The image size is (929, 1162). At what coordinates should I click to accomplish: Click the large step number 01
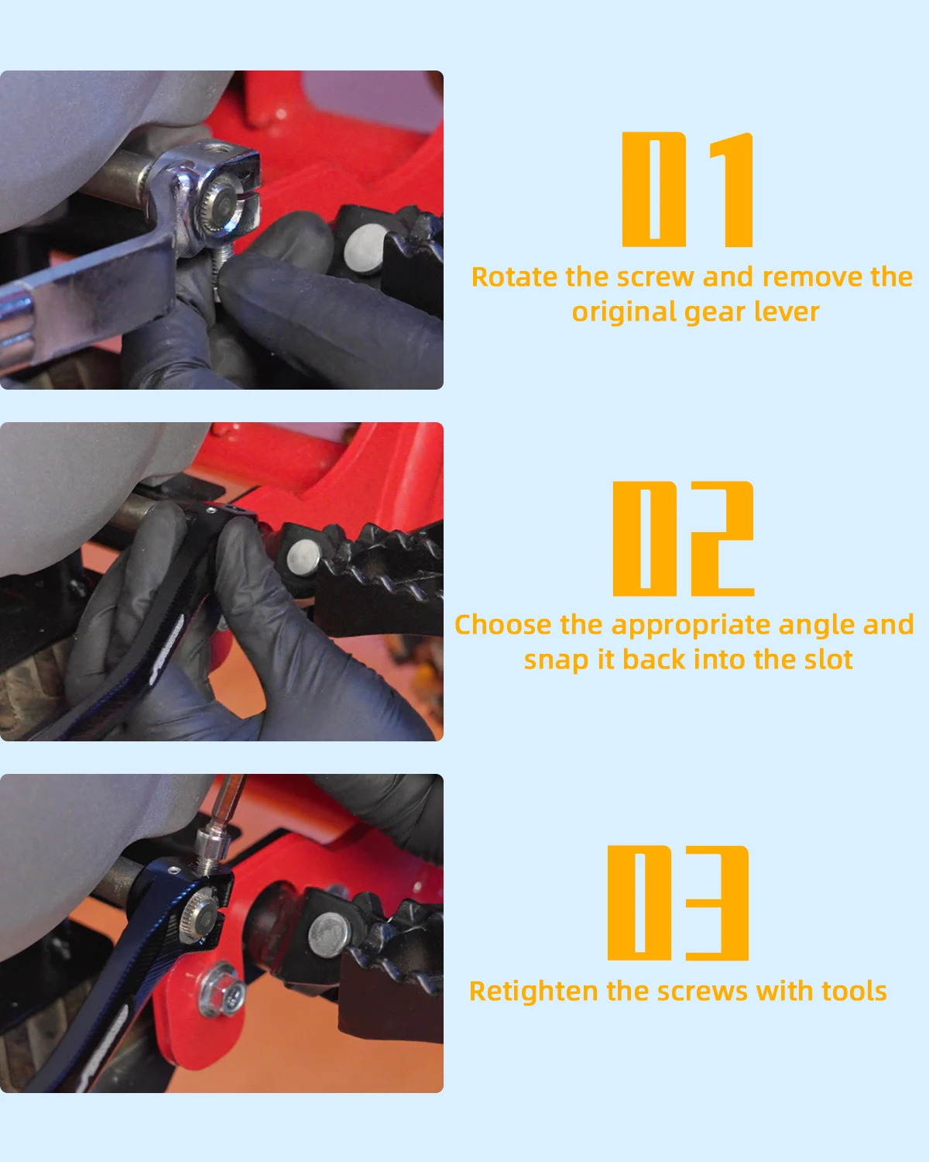tap(687, 190)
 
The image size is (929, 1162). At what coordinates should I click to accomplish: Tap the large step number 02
tap(684, 538)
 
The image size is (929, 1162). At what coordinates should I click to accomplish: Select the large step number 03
tap(678, 902)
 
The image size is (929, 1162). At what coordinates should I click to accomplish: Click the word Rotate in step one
tap(514, 277)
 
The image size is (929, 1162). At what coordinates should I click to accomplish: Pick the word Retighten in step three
tap(533, 992)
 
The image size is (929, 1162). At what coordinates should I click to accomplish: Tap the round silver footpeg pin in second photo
tap(303, 558)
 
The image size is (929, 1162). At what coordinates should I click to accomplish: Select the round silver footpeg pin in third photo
tap(329, 934)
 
